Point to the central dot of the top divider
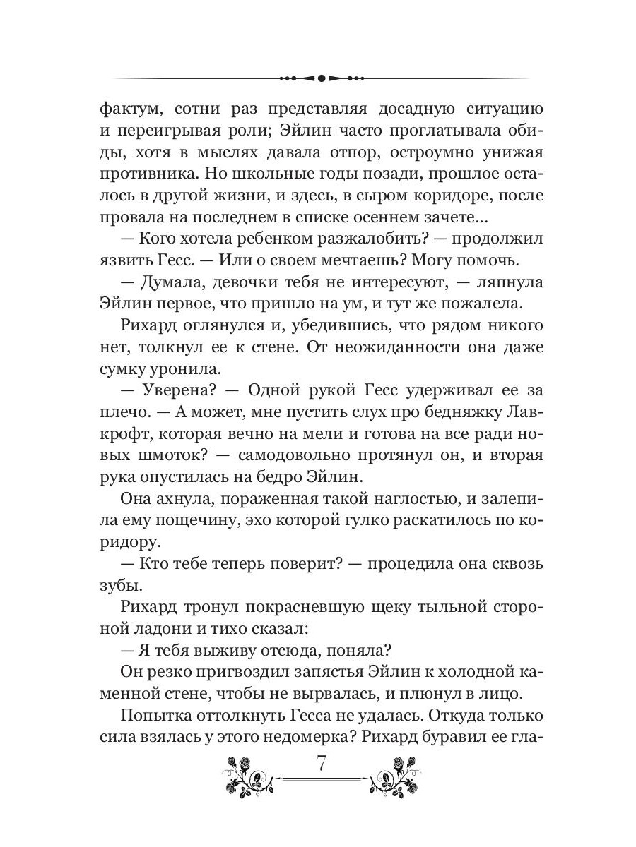(320, 78)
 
